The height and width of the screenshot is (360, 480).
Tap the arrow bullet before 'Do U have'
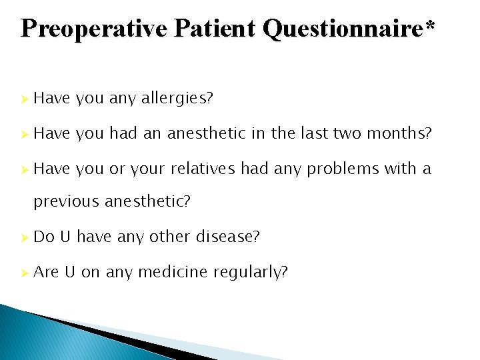pos(24,237)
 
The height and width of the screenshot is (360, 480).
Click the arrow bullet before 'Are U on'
pos(24,272)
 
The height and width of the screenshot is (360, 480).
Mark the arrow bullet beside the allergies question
pos(24,99)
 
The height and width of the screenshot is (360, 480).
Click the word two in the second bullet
pos(347,134)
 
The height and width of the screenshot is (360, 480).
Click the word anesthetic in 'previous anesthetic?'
pos(147,201)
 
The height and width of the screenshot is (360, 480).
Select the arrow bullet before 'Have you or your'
pos(24,169)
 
